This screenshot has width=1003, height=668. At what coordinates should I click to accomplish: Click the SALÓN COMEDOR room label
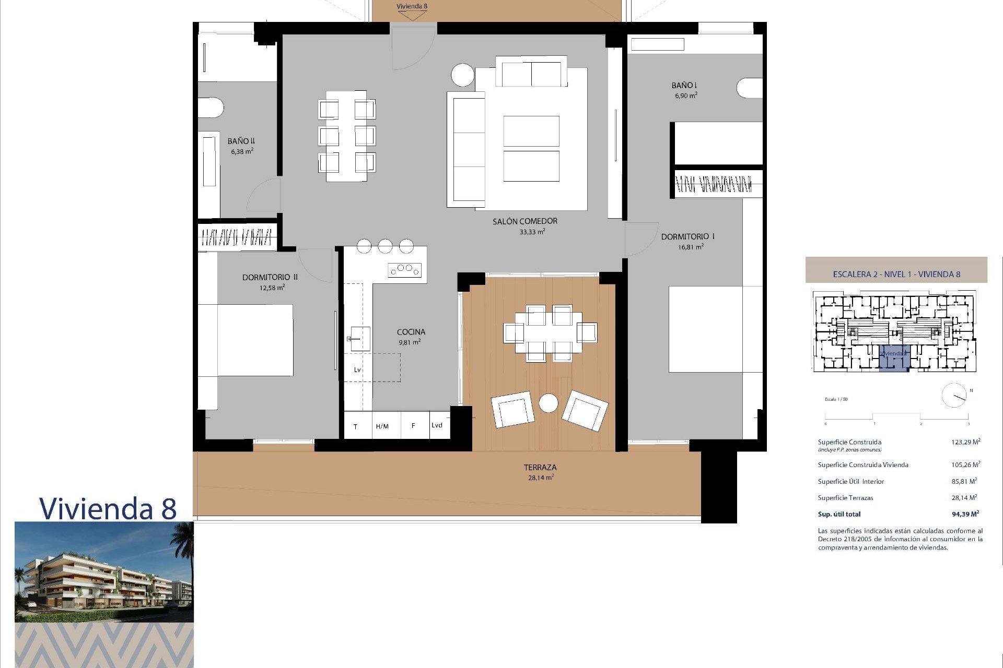(524, 221)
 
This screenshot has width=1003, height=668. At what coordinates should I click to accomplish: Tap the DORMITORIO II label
(270, 277)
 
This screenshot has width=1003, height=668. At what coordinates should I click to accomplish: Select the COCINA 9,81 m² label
(411, 337)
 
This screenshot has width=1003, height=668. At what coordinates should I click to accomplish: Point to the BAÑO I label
(684, 85)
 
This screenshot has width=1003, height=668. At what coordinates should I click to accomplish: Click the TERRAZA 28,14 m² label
(540, 472)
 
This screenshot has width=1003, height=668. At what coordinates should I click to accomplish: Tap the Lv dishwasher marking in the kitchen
(357, 369)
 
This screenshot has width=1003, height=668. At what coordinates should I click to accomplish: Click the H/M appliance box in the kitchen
(382, 426)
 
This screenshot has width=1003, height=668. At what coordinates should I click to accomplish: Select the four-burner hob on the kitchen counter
(404, 270)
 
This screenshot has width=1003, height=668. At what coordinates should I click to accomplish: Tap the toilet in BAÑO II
(211, 108)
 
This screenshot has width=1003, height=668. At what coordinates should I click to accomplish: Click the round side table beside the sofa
(463, 75)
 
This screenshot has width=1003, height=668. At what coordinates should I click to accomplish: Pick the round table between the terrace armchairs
(548, 403)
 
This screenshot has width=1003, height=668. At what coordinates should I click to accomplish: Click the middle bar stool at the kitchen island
(385, 246)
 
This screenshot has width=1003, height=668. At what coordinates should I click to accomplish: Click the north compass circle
(954, 396)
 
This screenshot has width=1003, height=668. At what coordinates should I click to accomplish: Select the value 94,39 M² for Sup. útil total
(965, 514)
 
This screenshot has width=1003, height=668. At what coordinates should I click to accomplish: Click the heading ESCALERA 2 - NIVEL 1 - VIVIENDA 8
(896, 274)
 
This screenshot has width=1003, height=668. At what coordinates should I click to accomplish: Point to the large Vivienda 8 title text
(108, 508)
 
